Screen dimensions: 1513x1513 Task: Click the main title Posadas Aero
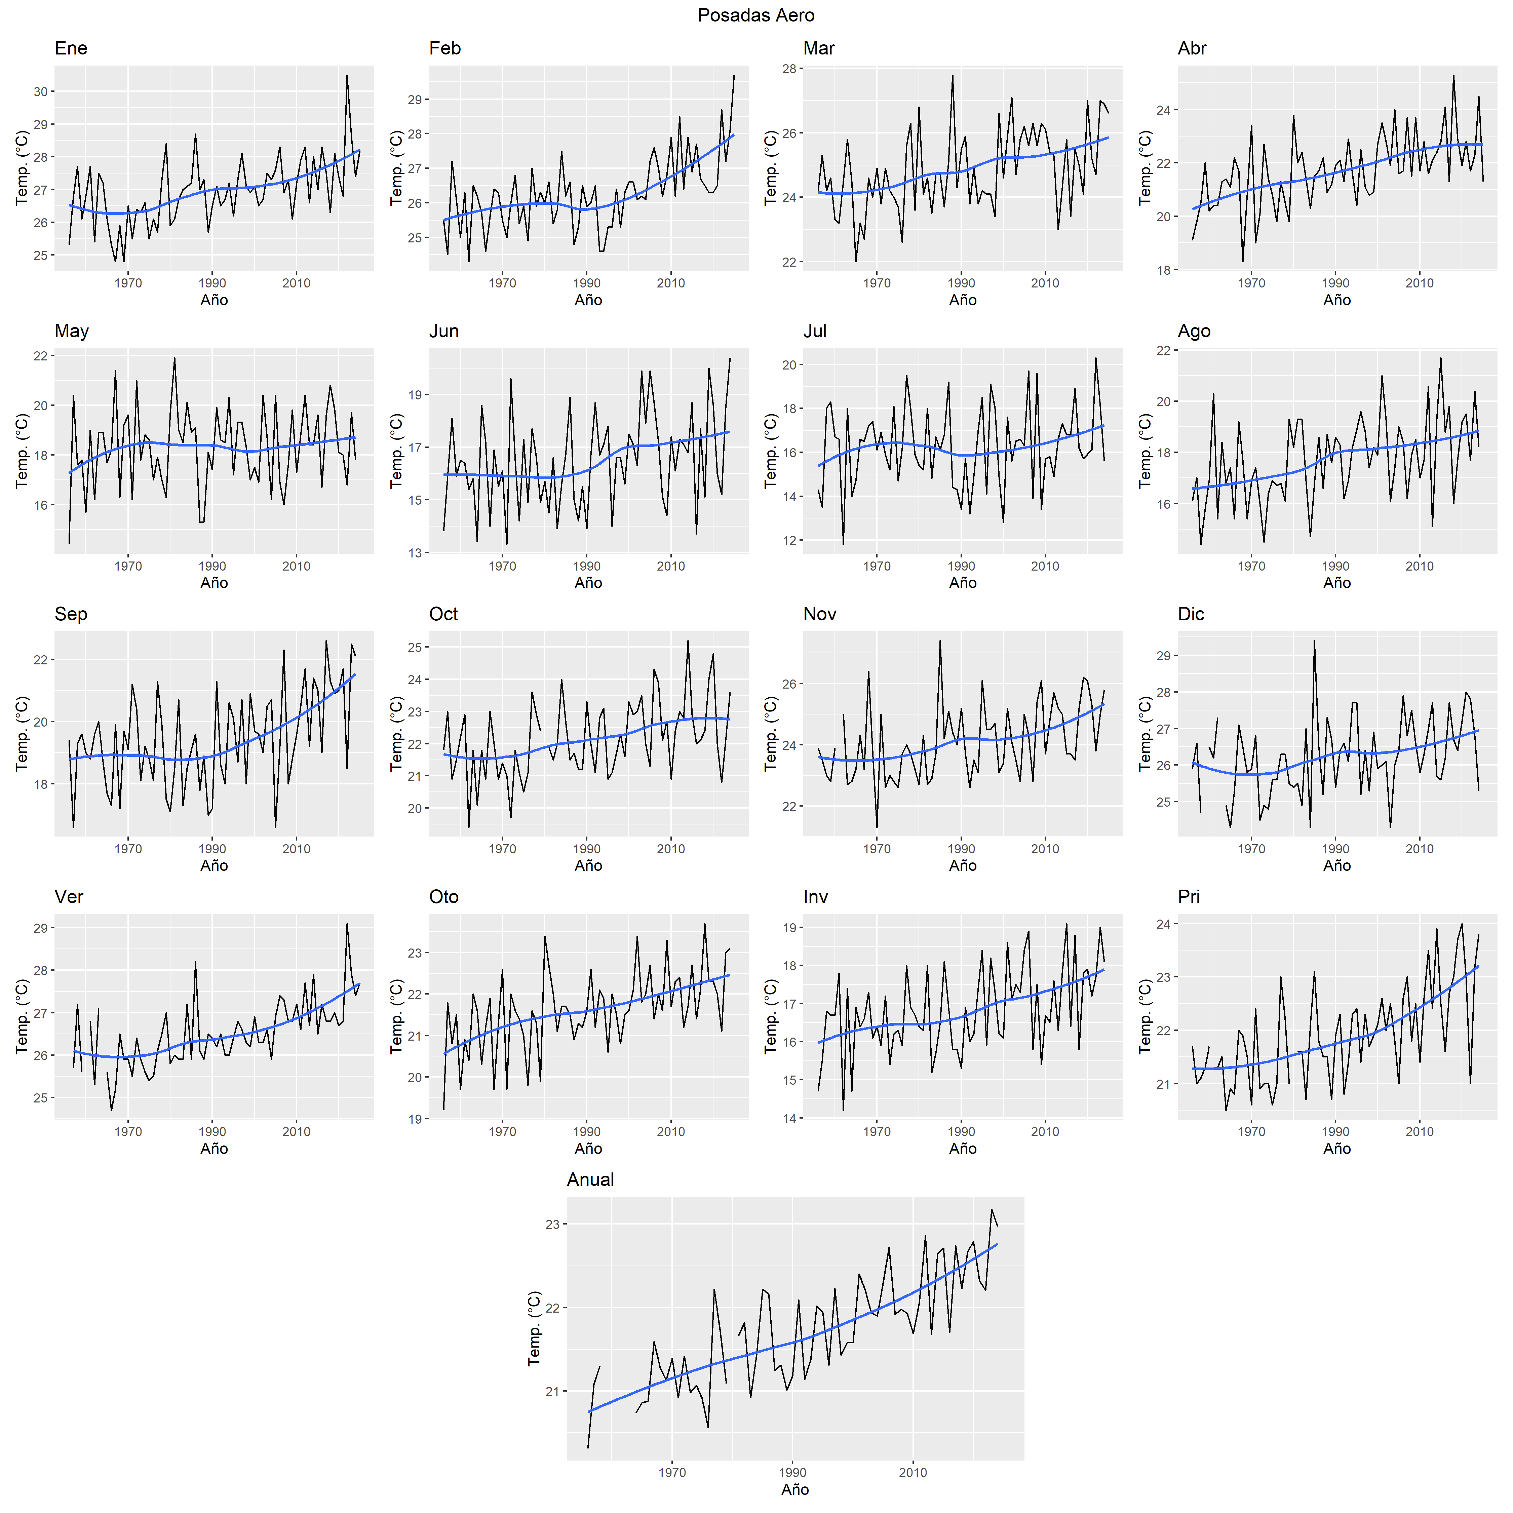756,15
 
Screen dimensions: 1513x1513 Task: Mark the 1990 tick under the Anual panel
792,1472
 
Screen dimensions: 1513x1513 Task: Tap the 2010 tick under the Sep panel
296,849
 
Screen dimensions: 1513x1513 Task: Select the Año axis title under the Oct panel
588,865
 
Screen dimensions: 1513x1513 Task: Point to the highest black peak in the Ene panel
347,76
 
